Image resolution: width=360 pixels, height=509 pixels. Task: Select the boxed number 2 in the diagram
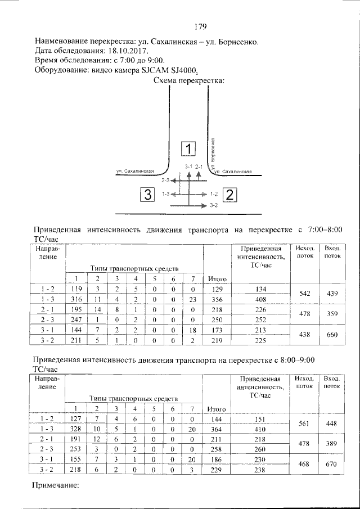point(231,195)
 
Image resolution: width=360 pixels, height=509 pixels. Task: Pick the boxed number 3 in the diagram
point(148,195)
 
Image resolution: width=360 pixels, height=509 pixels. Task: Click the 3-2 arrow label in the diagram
point(213,206)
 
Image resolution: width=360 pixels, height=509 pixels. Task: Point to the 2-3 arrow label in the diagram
point(165,181)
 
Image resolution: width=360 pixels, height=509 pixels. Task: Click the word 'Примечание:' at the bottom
point(56,484)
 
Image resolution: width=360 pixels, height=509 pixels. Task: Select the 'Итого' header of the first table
point(217,278)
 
